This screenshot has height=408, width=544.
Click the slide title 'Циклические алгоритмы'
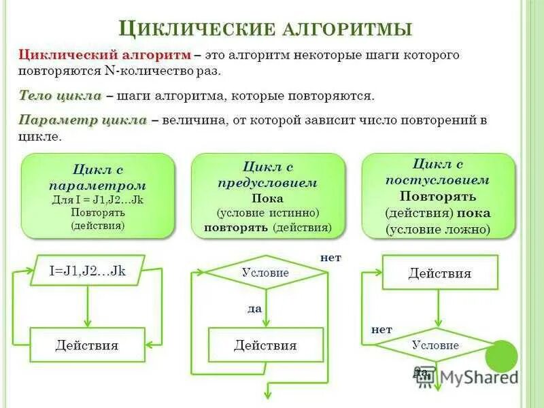pyautogui.click(x=265, y=28)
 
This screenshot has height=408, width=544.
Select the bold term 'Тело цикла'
pyautogui.click(x=60, y=96)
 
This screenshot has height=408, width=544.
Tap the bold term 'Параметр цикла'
pyautogui.click(x=82, y=120)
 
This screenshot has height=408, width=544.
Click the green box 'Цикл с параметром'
pyautogui.click(x=98, y=196)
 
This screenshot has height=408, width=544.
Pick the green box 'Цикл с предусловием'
pyautogui.click(x=268, y=196)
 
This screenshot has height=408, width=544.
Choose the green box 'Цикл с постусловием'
pyautogui.click(x=439, y=196)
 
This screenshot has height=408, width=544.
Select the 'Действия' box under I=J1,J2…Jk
pyautogui.click(x=87, y=345)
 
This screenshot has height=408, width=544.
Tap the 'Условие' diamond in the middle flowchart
pyautogui.click(x=266, y=273)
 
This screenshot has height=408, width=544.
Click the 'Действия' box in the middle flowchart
pyautogui.click(x=265, y=345)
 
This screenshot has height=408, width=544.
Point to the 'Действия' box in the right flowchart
pyautogui.click(x=439, y=273)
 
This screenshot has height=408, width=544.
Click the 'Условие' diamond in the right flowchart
pyautogui.click(x=435, y=345)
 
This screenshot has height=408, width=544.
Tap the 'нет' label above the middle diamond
pyautogui.click(x=330, y=258)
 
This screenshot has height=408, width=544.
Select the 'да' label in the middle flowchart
pyautogui.click(x=255, y=308)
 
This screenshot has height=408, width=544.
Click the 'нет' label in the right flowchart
pyautogui.click(x=381, y=329)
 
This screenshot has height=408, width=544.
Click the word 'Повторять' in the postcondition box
pyautogui.click(x=438, y=196)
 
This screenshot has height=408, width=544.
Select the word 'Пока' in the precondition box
pyautogui.click(x=267, y=199)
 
